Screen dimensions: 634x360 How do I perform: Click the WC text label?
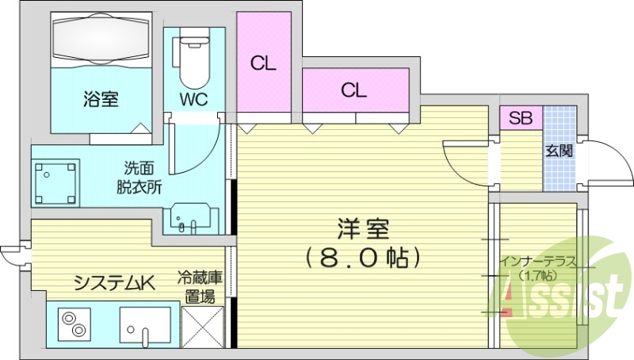tap(193, 98)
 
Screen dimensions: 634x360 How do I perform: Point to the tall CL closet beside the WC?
tap(264, 62)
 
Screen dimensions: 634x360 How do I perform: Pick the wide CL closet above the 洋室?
tap(355, 90)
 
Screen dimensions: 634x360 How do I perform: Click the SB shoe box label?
tap(521, 117)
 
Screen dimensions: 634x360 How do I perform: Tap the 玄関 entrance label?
tap(560, 151)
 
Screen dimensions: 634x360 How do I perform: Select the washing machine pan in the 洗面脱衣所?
tap(55, 182)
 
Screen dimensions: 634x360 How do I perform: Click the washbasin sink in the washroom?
tap(190, 218)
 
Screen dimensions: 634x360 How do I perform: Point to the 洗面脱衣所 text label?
tap(139, 178)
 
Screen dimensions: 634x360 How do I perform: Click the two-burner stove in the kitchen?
tap(74, 324)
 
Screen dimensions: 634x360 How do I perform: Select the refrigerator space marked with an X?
tap(203, 327)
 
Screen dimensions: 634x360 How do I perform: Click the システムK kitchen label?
tap(114, 283)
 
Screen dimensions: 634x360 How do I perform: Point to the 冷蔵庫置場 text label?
tap(200, 288)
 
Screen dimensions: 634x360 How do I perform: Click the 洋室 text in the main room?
tap(363, 229)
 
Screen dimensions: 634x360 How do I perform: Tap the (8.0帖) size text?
tap(363, 258)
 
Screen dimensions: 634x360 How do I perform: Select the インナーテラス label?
tap(538, 262)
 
